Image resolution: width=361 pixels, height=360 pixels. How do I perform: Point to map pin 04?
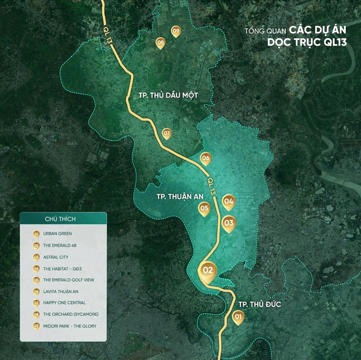click(228, 201)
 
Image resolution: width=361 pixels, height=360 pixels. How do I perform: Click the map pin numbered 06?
click(205, 159)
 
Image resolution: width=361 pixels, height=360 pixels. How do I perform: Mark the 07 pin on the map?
click(166, 134)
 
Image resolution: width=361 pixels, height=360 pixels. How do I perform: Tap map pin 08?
click(161, 42)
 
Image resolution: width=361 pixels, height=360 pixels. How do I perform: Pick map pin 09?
click(176, 31)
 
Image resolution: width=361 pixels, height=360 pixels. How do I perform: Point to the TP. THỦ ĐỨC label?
click(259, 305)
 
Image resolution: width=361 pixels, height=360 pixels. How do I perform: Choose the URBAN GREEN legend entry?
click(57, 233)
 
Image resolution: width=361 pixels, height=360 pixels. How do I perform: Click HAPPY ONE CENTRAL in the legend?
click(62, 302)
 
